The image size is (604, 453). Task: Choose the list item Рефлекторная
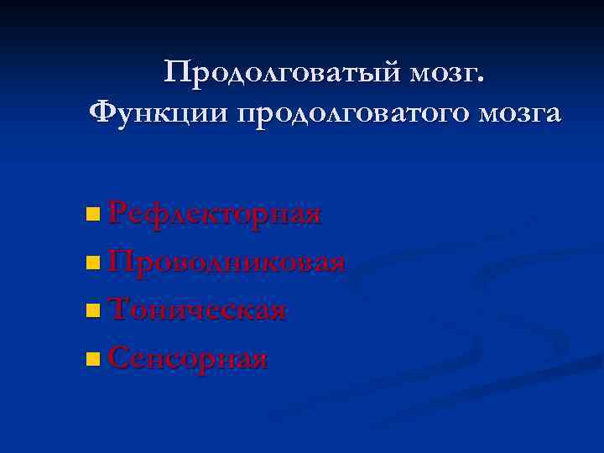[215, 213]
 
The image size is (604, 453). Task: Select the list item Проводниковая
[226, 261]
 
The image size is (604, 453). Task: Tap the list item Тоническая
[199, 310]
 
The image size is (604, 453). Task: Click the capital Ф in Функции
[101, 110]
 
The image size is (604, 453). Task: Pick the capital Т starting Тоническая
[120, 310]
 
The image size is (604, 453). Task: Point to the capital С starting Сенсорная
[119, 358]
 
